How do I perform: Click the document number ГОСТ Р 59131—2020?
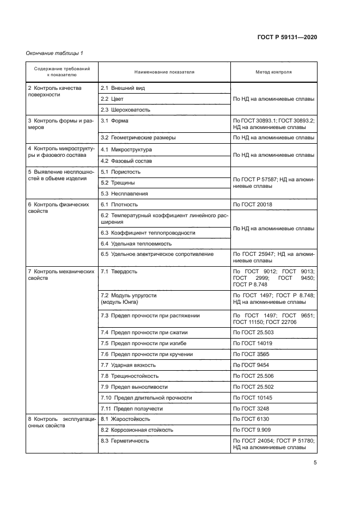[x=287, y=38]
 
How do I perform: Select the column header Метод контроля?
[x=273, y=72]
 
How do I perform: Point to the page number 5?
[x=315, y=463]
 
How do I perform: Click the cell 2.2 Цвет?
[x=112, y=99]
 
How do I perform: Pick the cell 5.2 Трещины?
[x=118, y=182]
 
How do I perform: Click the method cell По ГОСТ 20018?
[x=254, y=205]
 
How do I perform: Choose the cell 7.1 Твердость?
[x=119, y=271]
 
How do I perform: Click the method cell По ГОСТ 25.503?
[x=254, y=332]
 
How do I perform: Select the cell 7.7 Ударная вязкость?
[x=128, y=365]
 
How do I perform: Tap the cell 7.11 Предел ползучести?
[x=132, y=408]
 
